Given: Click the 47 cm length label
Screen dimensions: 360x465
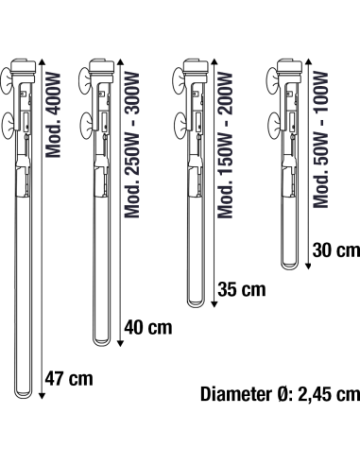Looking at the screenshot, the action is coord(69,378).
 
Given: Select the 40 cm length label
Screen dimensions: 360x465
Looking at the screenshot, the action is coord(148,327).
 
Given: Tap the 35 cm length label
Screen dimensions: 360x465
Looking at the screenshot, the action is coord(242,289).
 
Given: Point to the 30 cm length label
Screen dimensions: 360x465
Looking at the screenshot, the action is coord(336,250).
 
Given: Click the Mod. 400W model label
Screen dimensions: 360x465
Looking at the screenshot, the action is coord(53,115).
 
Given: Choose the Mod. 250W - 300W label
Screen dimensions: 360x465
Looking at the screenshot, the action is coord(131,145).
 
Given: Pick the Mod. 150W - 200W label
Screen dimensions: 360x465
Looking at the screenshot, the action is coord(225,145).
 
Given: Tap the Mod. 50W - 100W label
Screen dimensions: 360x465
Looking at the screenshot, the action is coord(320,140).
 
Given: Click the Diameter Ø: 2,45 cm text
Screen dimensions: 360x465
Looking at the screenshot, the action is coord(280,394).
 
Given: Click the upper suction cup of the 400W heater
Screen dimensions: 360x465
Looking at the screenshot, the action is coord(7,80).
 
